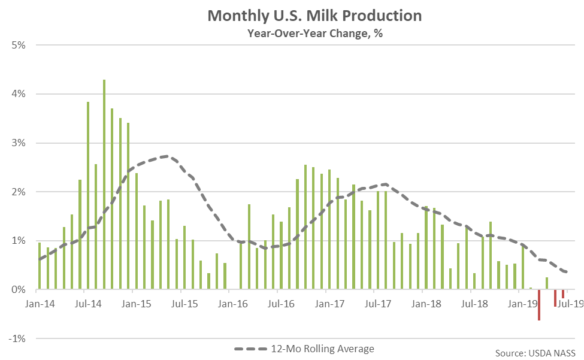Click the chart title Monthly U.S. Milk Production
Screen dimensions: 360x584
314,16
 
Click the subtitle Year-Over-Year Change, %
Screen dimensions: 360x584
315,34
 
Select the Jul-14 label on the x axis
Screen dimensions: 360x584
89,304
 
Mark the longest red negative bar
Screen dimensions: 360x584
539,305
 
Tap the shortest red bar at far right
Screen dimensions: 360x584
563,294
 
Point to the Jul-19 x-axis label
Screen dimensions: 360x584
571,304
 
